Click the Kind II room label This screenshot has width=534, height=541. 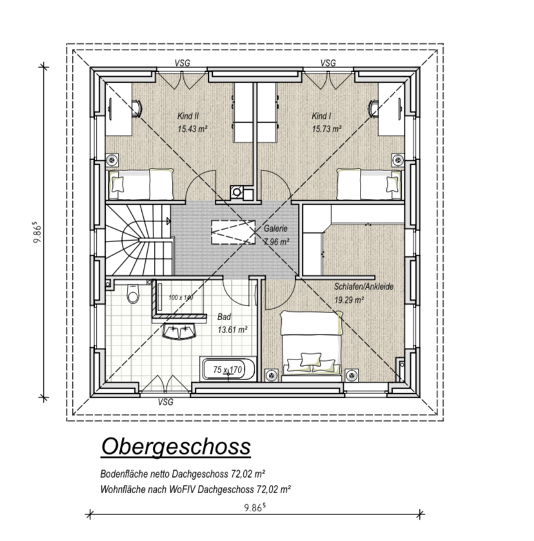(x=188, y=116)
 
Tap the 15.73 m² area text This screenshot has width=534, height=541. (x=327, y=129)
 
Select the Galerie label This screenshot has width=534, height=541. (x=275, y=229)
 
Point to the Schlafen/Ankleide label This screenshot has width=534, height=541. (x=364, y=287)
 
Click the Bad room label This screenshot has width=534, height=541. (x=224, y=317)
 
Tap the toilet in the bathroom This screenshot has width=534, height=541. (x=133, y=294)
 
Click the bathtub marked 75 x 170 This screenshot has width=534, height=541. (x=228, y=369)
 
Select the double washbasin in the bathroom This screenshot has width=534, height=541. (x=179, y=332)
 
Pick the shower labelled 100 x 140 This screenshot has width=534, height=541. (x=181, y=298)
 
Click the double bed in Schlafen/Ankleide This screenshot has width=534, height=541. (x=311, y=346)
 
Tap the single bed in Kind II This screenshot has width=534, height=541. (x=141, y=184)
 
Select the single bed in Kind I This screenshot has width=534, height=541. (x=369, y=184)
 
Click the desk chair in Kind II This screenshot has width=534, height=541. (x=137, y=108)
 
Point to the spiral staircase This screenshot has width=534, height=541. (x=139, y=240)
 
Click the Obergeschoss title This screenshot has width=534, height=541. (x=176, y=447)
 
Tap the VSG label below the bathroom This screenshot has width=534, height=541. (x=166, y=402)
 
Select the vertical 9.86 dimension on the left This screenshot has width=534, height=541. (x=44, y=232)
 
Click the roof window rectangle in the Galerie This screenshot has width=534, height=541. (x=233, y=232)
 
